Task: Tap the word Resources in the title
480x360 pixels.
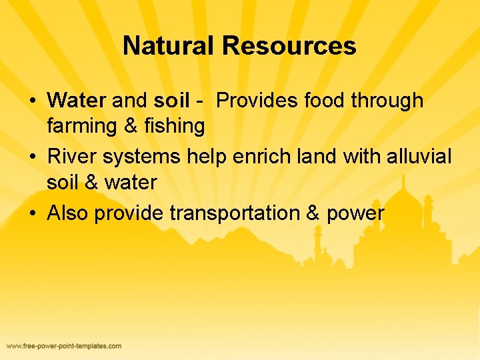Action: pyautogui.click(x=289, y=46)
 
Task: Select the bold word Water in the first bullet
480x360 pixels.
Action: pyautogui.click(x=77, y=101)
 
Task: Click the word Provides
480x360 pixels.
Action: pyautogui.click(x=255, y=101)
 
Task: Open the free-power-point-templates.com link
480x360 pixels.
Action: pyautogui.click(x=64, y=346)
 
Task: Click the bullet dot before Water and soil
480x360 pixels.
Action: pyautogui.click(x=32, y=102)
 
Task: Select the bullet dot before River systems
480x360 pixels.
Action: pyautogui.click(x=32, y=158)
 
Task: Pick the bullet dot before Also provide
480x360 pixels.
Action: pyautogui.click(x=32, y=215)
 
